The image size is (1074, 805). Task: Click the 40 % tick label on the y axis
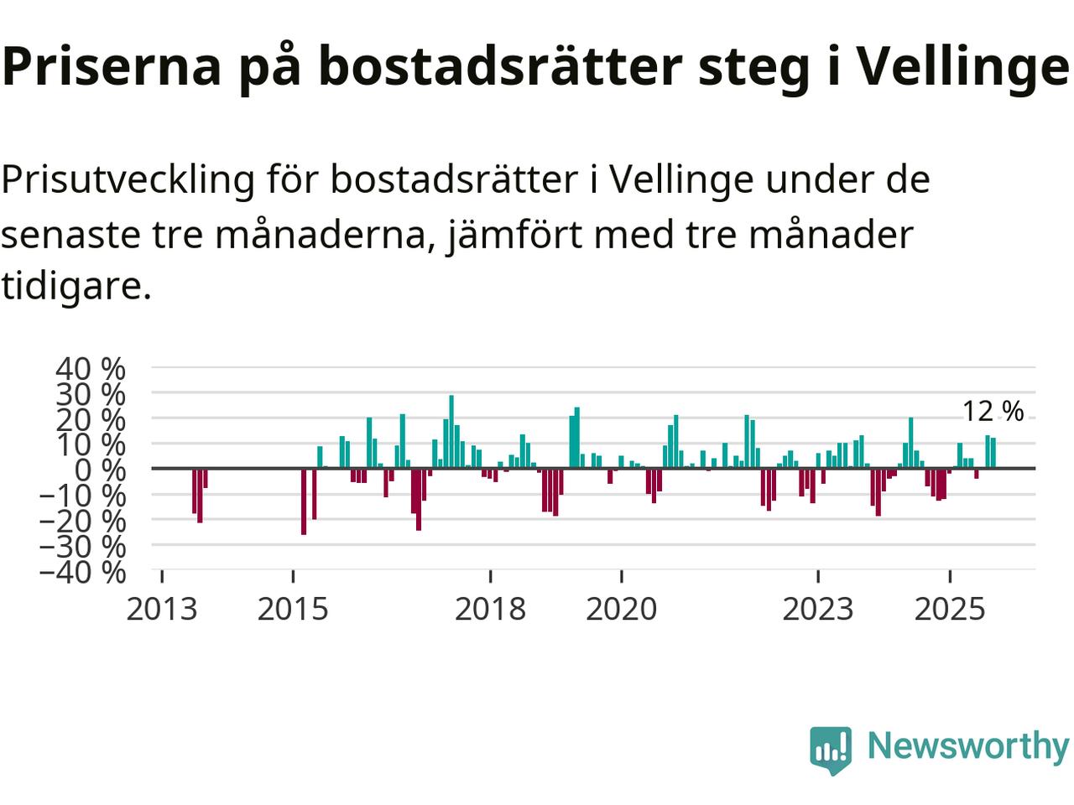click(x=91, y=368)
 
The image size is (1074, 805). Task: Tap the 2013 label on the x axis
click(x=162, y=609)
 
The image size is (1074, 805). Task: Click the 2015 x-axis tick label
click(x=293, y=609)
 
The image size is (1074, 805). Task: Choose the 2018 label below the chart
click(x=490, y=609)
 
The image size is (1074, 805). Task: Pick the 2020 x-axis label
click(x=621, y=609)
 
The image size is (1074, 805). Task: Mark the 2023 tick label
click(x=818, y=609)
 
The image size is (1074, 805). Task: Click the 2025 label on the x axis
click(x=949, y=609)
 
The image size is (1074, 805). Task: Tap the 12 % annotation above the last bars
click(x=993, y=412)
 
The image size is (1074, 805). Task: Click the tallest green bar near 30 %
click(x=451, y=431)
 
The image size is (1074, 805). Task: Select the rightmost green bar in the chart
click(x=993, y=453)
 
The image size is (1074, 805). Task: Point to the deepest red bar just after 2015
click(x=304, y=501)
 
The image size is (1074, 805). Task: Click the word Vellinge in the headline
click(x=962, y=67)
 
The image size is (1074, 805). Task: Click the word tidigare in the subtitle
click(x=76, y=287)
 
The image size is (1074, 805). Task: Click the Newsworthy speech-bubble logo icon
click(x=831, y=749)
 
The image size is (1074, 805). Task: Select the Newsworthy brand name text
click(x=967, y=745)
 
